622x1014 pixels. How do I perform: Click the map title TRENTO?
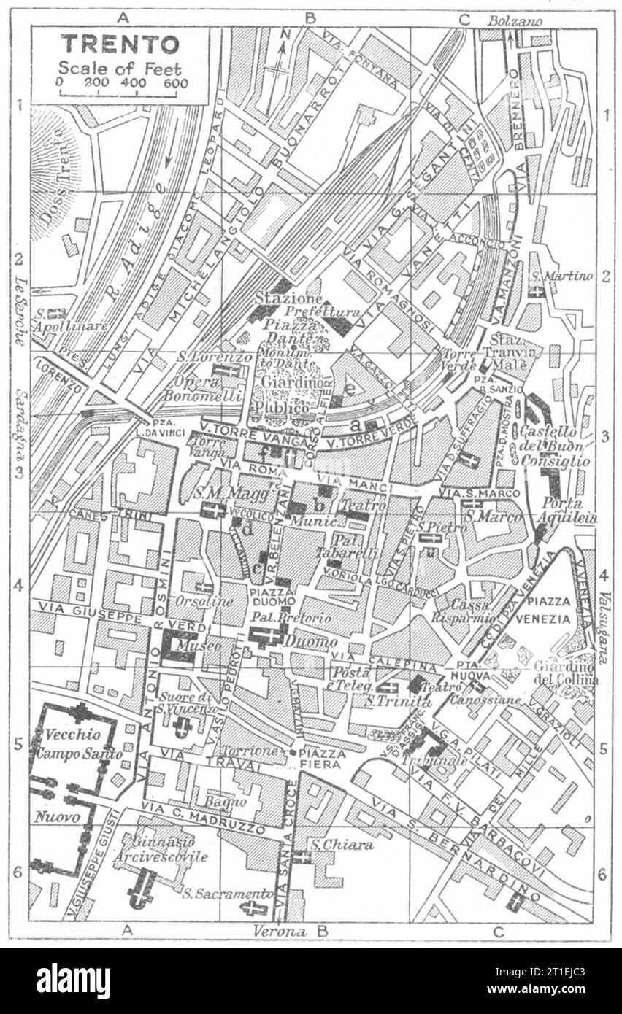(x=120, y=44)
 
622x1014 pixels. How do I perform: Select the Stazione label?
(x=278, y=300)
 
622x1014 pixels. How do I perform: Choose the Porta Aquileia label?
(x=569, y=511)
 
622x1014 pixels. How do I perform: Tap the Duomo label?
(x=310, y=643)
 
